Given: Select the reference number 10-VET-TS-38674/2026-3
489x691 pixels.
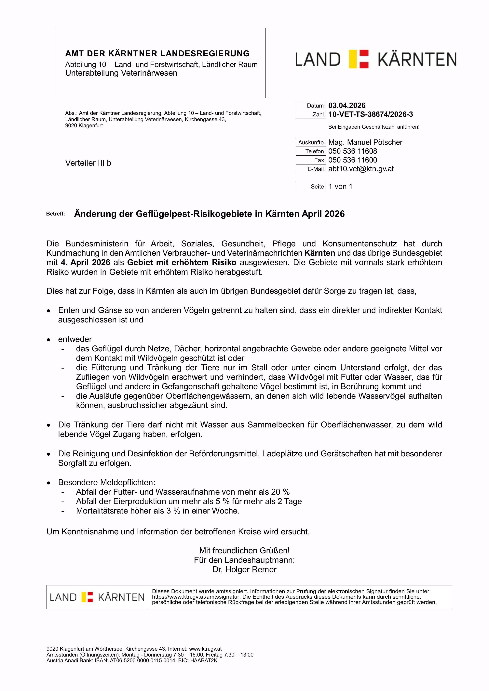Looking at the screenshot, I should tap(370, 114).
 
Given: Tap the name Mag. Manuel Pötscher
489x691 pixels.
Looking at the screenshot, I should tap(365, 142).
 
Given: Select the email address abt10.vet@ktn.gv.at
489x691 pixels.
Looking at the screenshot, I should tap(361, 169).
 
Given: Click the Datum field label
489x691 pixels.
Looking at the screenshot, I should tap(315, 106).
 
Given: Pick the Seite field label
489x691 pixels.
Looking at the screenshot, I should tap(317, 187).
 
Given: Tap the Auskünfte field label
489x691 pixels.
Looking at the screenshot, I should tap(311, 142).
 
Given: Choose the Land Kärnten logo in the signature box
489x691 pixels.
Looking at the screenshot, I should tap(97, 597).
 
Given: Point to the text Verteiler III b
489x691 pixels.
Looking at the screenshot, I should tap(88, 163).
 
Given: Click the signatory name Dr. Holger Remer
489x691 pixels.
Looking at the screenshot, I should tap(244, 569).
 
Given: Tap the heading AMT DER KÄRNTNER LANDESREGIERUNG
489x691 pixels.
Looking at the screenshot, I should tap(157, 54).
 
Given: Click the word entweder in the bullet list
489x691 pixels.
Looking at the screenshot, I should tap(75, 339).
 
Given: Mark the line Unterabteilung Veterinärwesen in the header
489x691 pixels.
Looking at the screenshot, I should tap(121, 73).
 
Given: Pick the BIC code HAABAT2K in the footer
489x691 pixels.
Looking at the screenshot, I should tap(204, 669).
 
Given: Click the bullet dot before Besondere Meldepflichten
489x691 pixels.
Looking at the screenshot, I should tap(48, 483).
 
